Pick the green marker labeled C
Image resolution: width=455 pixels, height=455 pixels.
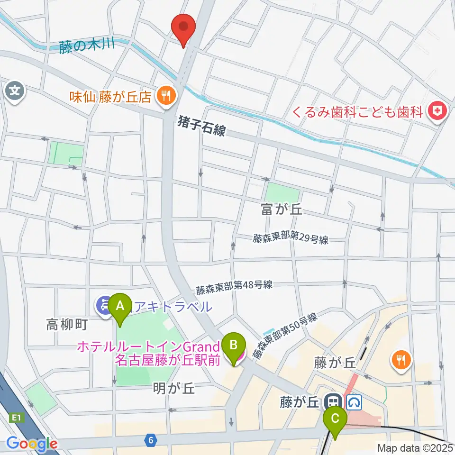(335, 420)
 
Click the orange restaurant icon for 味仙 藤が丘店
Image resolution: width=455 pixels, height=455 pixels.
(165, 97)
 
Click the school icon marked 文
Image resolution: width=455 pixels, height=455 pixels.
(16, 89)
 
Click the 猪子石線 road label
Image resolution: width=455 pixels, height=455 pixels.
(202, 127)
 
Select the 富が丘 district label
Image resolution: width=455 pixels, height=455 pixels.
(281, 210)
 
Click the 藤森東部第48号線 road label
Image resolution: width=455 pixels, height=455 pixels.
(235, 286)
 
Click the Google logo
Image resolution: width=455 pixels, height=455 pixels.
(32, 444)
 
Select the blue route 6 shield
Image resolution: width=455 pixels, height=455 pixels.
(150, 440)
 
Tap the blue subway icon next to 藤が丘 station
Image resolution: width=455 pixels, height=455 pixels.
(354, 403)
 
